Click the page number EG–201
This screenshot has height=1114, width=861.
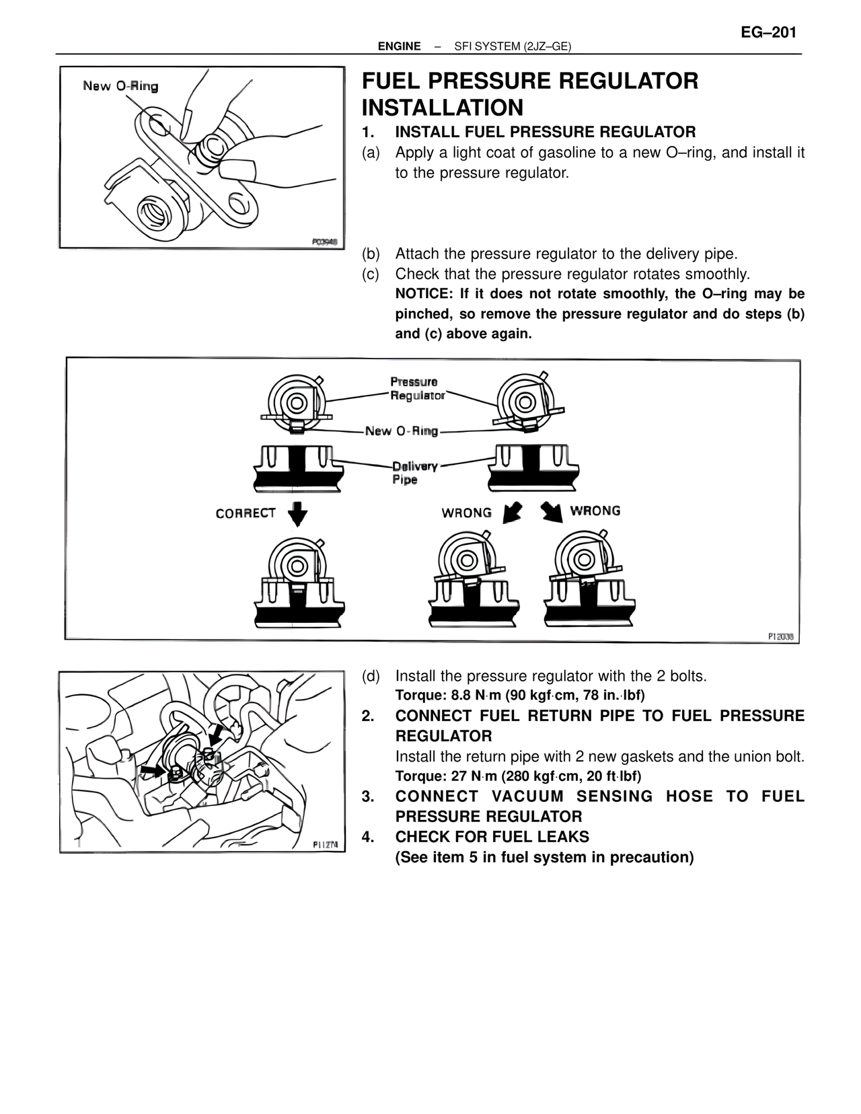(768, 32)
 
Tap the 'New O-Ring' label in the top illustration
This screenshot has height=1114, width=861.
(120, 86)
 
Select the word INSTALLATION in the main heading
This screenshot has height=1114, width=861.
(442, 108)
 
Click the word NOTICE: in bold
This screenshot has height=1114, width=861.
(424, 294)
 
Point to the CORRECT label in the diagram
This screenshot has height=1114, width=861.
(246, 513)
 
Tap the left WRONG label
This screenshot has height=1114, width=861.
(466, 513)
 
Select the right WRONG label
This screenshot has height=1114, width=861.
(595, 511)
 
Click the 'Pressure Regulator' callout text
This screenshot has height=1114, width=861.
(417, 389)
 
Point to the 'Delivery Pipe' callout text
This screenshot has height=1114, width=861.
(414, 472)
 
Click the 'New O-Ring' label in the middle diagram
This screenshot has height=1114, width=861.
(401, 431)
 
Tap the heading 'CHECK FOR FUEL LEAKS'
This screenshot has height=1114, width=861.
(492, 837)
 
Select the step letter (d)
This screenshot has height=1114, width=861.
(371, 675)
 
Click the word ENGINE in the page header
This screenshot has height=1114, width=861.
(399, 46)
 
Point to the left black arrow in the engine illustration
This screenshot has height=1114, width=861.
(152, 770)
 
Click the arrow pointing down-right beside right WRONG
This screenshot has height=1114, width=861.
(552, 513)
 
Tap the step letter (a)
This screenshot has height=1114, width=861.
(371, 153)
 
